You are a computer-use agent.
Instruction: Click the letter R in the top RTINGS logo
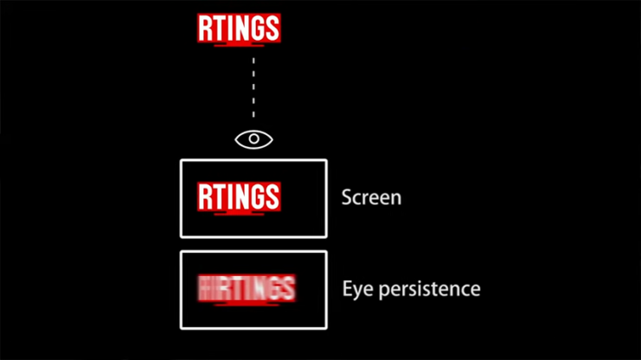click(206, 29)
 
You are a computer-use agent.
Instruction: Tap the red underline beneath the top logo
click(238, 45)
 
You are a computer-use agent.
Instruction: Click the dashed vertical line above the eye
click(253, 87)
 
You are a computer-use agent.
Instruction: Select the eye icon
click(253, 138)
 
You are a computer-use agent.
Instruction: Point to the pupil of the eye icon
click(253, 138)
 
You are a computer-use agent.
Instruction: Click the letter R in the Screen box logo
click(206, 196)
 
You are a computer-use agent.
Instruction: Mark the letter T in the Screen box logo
click(219, 196)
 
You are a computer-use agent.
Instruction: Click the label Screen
click(371, 197)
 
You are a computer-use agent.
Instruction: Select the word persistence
click(429, 288)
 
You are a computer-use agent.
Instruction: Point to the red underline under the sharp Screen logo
click(238, 213)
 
